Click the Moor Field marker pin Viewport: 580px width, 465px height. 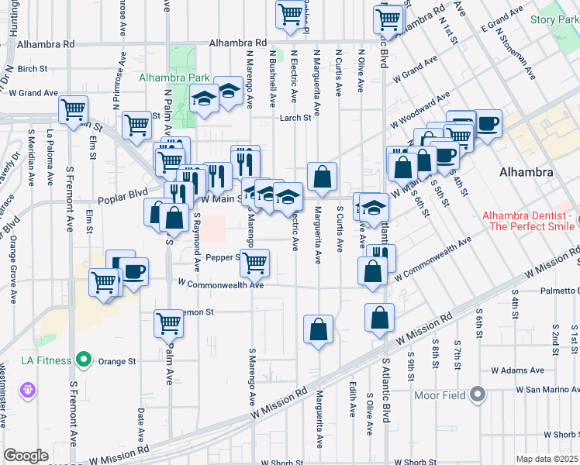point(478,395)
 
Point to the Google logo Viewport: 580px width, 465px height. point(26,456)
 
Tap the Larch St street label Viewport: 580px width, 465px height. point(295,118)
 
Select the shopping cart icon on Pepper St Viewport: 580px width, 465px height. point(254,263)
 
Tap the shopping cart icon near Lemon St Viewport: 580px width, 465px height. point(168,323)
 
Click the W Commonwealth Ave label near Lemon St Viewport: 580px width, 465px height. point(221,284)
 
